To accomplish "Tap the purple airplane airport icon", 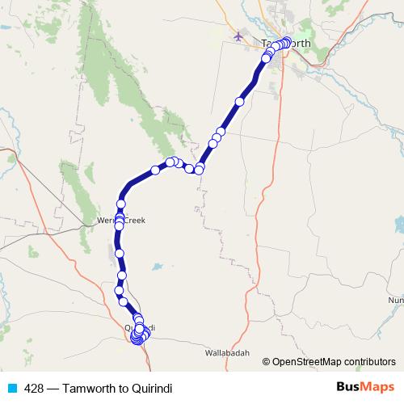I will click(x=238, y=37).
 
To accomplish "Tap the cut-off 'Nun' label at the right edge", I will click(x=396, y=300).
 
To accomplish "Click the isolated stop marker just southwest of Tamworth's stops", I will click(x=239, y=102).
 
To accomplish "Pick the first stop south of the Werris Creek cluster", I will click(x=120, y=254).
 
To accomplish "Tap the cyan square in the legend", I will click(x=11, y=387).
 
